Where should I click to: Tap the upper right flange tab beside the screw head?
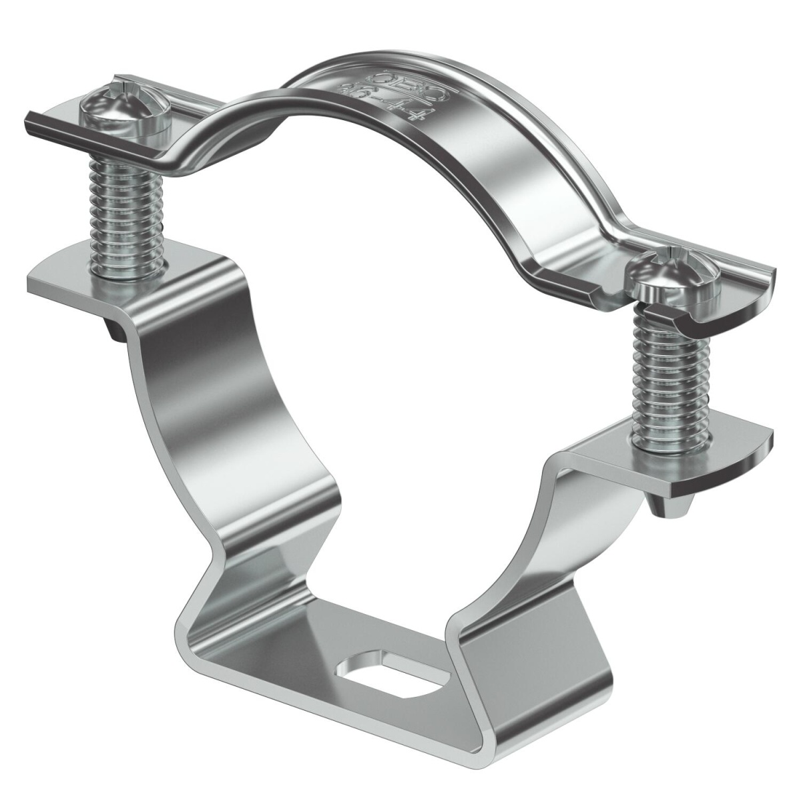pos(741,294)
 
